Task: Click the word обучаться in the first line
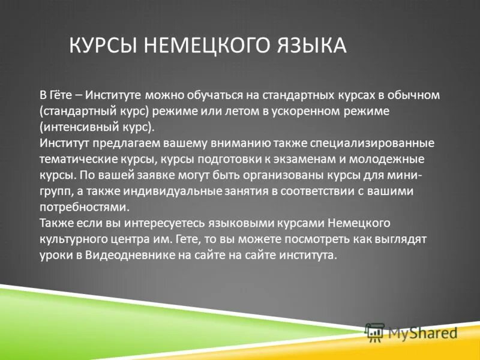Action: tap(215, 95)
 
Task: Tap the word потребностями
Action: tap(84, 208)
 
